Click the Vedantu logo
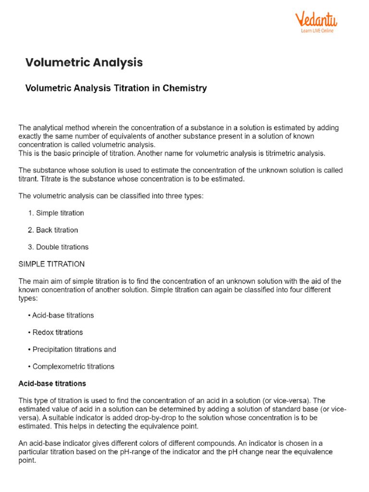click(316, 20)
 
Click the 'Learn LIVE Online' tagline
click(317, 31)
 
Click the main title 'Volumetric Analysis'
click(84, 62)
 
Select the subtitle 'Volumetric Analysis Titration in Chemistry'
click(116, 88)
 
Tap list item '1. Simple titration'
click(56, 213)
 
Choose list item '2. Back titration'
click(53, 230)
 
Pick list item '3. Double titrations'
click(58, 247)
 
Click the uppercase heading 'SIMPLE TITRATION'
click(51, 264)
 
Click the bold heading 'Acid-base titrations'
click(52, 383)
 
